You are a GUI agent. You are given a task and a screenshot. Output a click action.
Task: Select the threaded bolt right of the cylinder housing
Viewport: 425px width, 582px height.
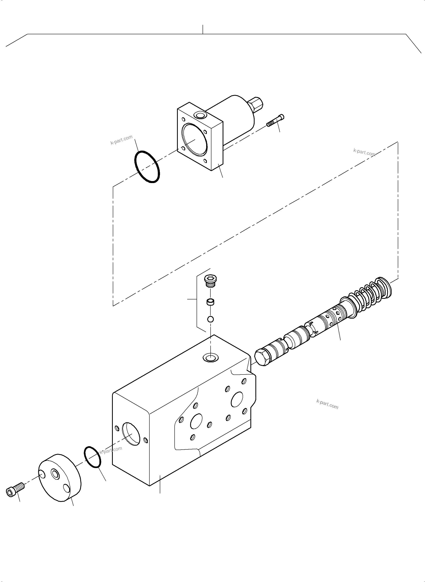click(x=276, y=121)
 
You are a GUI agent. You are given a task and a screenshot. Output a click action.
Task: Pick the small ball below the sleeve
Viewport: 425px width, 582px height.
click(x=210, y=319)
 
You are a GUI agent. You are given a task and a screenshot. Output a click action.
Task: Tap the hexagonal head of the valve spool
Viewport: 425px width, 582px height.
click(x=261, y=357)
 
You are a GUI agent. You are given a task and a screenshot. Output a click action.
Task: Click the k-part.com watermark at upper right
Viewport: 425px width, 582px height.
click(x=364, y=153)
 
